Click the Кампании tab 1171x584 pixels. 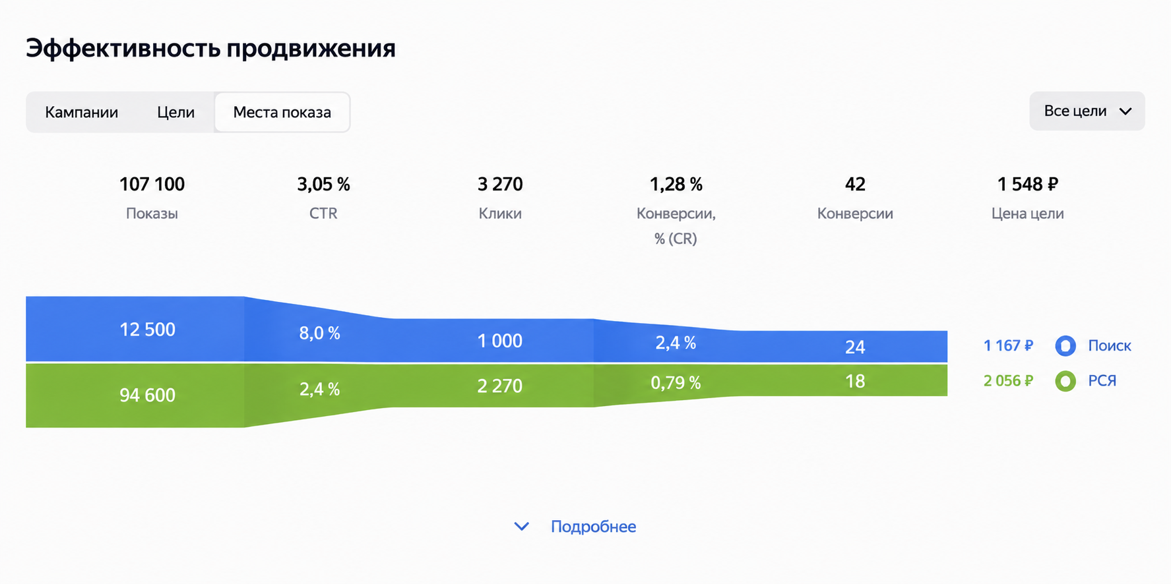(82, 112)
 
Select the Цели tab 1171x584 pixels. (175, 112)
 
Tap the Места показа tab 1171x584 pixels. (282, 112)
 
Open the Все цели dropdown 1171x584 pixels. (1087, 111)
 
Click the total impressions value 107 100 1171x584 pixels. (152, 184)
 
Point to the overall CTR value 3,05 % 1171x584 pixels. (323, 184)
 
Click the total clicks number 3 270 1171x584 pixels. (500, 184)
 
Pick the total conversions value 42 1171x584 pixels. (855, 184)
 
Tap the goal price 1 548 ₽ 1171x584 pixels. (1027, 184)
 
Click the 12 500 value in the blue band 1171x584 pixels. (147, 330)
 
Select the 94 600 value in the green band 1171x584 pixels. (147, 395)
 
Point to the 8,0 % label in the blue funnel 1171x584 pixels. (320, 333)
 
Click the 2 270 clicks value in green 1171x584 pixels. (500, 386)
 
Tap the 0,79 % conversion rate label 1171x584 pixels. (676, 382)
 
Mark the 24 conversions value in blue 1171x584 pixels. (855, 347)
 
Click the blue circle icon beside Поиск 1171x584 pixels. (1065, 345)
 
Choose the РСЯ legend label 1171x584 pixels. (1102, 380)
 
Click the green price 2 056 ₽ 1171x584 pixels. (1008, 380)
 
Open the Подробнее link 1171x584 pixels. (593, 527)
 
